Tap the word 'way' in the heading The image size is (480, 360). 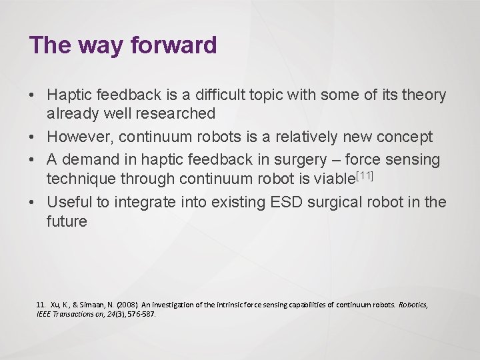point(104,45)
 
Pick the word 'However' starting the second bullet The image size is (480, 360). point(77,137)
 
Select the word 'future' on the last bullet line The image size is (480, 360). point(67,221)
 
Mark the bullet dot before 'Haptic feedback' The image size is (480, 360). point(33,96)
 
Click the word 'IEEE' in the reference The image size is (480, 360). point(45,313)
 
